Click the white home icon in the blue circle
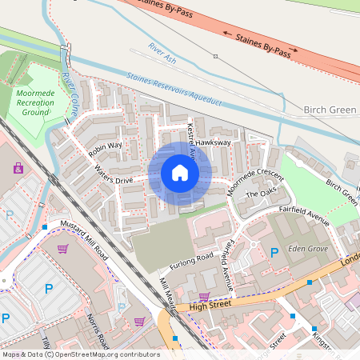pyautogui.click(x=180, y=173)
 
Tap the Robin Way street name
pyautogui.click(x=106, y=147)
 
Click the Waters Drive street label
pyautogui.click(x=114, y=175)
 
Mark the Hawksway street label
pyautogui.click(x=213, y=142)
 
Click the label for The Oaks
pyautogui.click(x=260, y=194)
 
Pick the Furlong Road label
pyautogui.click(x=191, y=262)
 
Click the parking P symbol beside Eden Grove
pyautogui.click(x=274, y=253)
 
